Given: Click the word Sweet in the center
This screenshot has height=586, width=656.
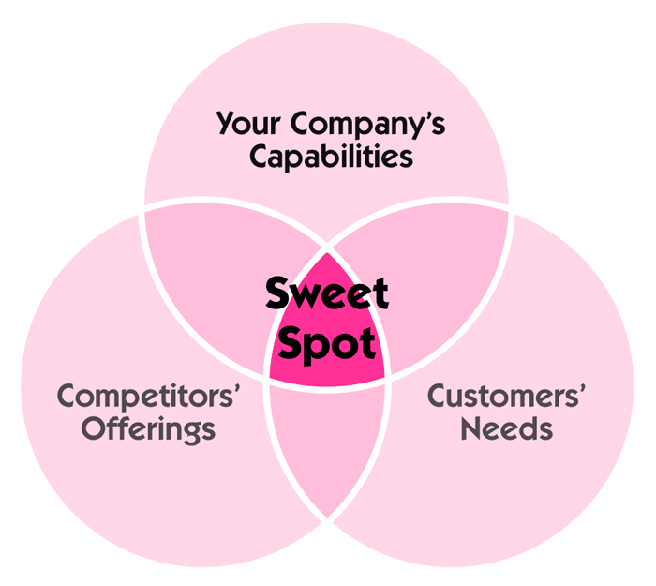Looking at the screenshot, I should point(326,294).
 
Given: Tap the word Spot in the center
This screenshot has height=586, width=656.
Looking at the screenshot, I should point(326,344).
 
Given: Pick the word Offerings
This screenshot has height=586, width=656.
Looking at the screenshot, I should point(148,429).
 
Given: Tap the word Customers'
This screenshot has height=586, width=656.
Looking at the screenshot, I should point(507,396).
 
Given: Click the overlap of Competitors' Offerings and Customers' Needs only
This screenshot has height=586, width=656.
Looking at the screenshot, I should point(326,441).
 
